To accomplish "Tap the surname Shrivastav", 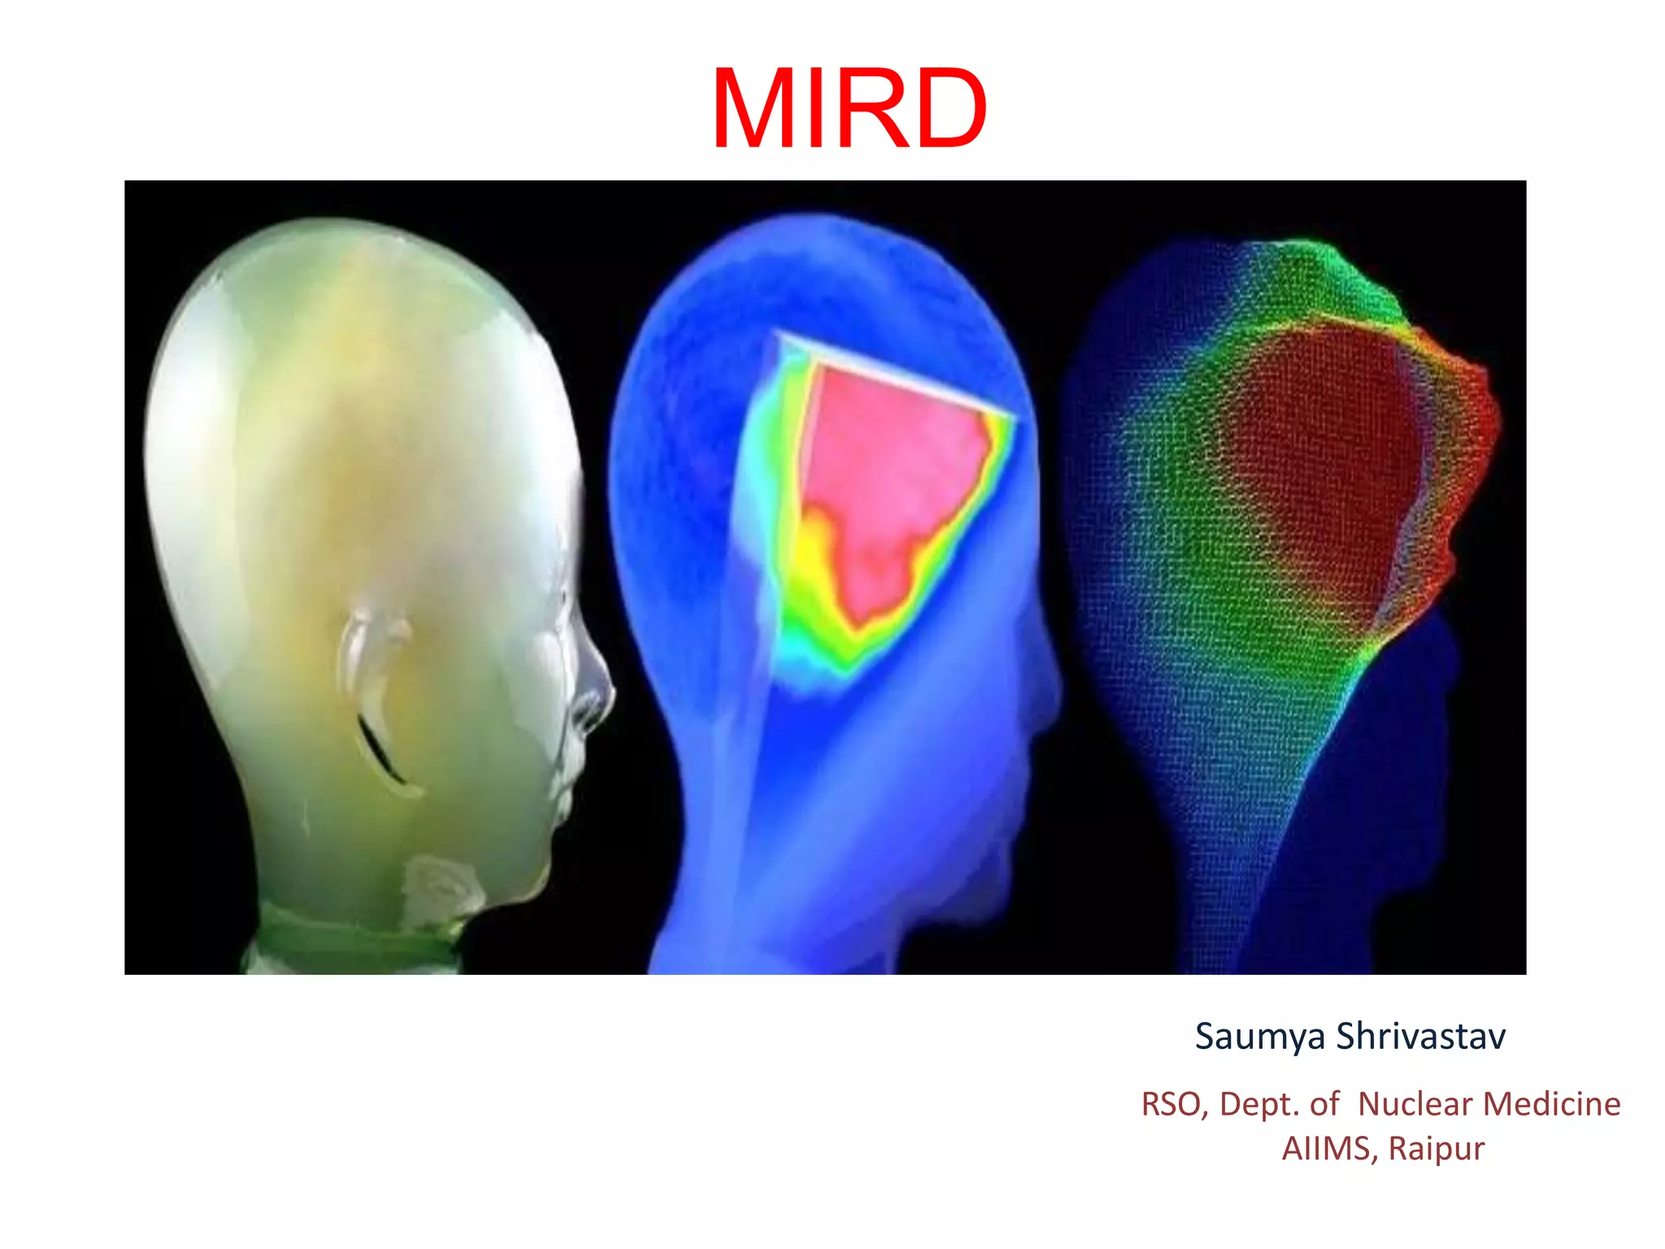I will [1420, 1036].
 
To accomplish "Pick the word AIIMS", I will [1329, 1149].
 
